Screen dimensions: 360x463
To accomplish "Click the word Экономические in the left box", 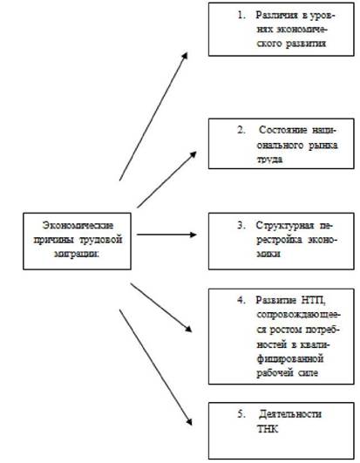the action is (x=78, y=225).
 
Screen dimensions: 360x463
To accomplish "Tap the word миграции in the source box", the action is (x=77, y=254).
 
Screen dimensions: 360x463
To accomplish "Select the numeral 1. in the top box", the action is (x=241, y=15).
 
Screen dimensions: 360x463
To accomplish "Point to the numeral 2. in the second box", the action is (x=241, y=130).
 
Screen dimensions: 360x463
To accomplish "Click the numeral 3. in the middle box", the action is (x=241, y=225).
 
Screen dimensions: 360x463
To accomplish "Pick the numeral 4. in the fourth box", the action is (x=241, y=300).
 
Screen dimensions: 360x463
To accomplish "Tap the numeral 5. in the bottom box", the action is (x=241, y=414).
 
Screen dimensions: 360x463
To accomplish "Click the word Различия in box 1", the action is (x=276, y=15).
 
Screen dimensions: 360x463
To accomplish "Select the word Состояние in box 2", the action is (x=283, y=130).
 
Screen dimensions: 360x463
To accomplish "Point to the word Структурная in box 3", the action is (x=285, y=226).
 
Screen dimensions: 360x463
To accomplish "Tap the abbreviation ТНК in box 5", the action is (x=268, y=429).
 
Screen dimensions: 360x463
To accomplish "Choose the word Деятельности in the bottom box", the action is (x=289, y=414).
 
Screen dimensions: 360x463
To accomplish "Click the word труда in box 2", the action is (x=269, y=160).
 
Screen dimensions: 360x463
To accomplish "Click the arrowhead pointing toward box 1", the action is (x=185, y=56).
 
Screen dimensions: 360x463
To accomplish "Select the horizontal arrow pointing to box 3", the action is (x=166, y=235).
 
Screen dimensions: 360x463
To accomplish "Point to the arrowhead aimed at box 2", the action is (x=194, y=154).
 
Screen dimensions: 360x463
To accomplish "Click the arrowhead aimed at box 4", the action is (x=188, y=329).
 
